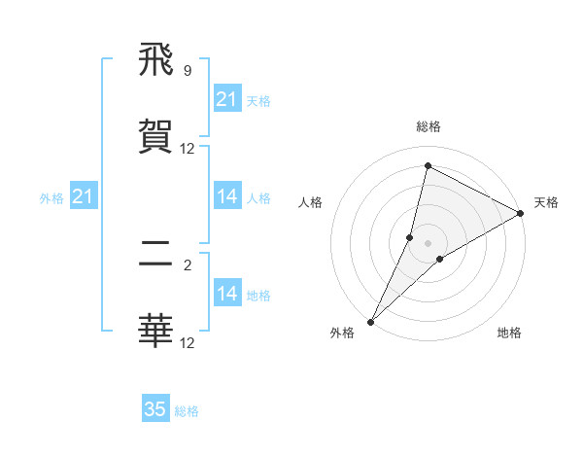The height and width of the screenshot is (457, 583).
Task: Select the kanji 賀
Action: tap(156, 135)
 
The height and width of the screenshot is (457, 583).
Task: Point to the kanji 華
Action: tap(156, 331)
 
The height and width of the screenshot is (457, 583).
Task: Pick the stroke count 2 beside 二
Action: tap(187, 264)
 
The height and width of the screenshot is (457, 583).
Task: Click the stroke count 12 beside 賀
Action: tap(187, 149)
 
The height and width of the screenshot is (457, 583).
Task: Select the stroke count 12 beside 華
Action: tap(187, 342)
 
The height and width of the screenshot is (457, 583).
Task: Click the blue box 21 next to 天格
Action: tap(227, 99)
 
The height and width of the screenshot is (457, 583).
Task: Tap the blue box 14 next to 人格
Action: tap(227, 196)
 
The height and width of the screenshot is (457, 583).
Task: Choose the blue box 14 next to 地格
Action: tap(227, 294)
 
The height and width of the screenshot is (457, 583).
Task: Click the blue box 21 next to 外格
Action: tap(84, 196)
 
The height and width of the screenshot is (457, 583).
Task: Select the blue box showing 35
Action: tap(155, 409)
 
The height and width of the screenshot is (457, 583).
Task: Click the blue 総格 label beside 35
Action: tap(187, 411)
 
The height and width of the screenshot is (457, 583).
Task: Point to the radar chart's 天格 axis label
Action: tap(546, 202)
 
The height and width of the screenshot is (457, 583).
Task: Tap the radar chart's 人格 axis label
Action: tap(310, 202)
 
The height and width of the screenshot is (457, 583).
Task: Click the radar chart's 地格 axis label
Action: tap(509, 333)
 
